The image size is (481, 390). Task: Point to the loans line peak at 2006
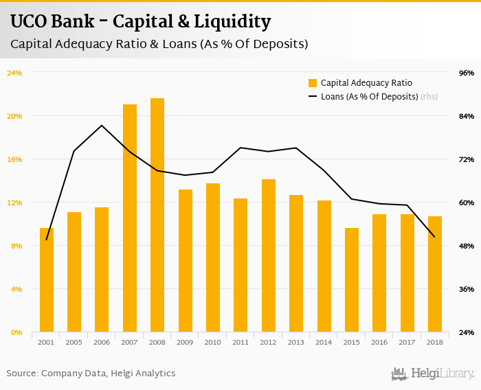point(102,126)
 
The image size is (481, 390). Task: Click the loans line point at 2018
point(435,237)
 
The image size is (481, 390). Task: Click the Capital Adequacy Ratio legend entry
point(366,82)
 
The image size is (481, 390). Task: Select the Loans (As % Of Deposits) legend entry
point(370,97)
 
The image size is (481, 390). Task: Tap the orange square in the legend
point(313,82)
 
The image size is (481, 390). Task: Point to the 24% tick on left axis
point(14,73)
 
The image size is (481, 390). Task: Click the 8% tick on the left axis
point(16,246)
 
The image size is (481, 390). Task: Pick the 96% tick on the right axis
point(467,73)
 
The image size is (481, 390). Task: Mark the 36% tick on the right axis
point(467,289)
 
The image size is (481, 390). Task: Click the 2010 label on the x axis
point(213,342)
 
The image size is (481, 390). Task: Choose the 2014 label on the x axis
point(324,342)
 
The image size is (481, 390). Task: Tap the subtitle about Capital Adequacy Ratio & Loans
point(159,44)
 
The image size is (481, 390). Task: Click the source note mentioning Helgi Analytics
point(91,373)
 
